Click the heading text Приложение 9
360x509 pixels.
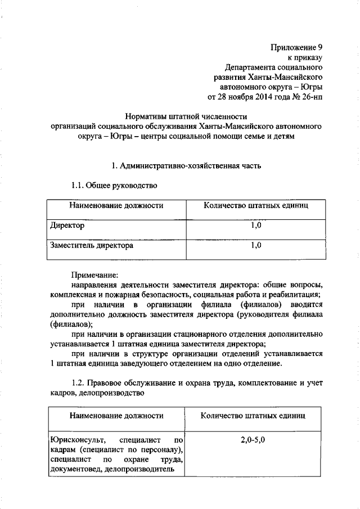(x=297, y=47)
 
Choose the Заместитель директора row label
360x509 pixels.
(x=92, y=245)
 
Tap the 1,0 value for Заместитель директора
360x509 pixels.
(x=255, y=245)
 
